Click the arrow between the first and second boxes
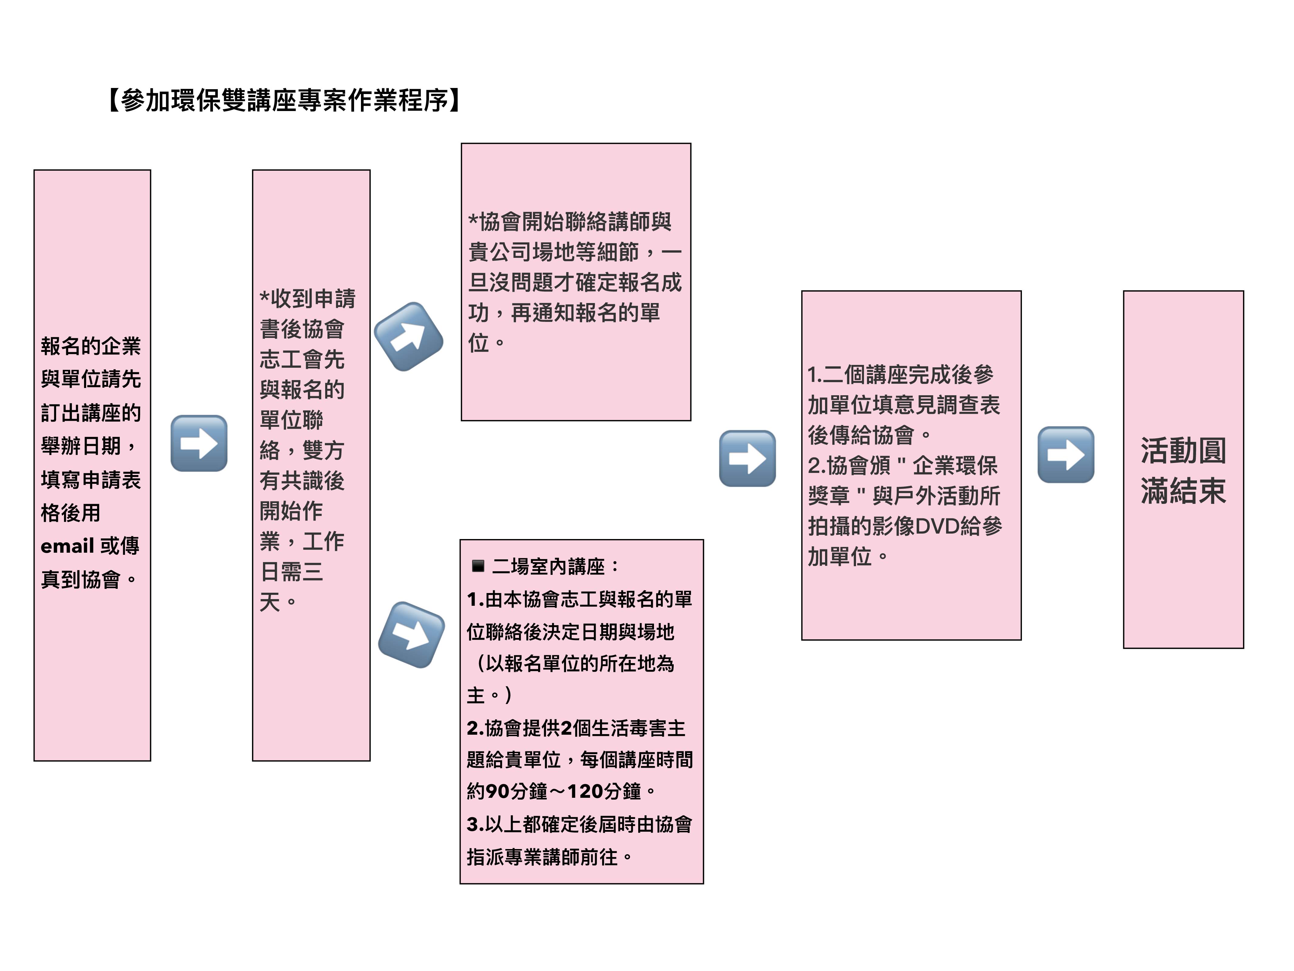tap(199, 443)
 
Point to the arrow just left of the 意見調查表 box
tap(747, 459)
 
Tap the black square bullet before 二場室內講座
tap(478, 566)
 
